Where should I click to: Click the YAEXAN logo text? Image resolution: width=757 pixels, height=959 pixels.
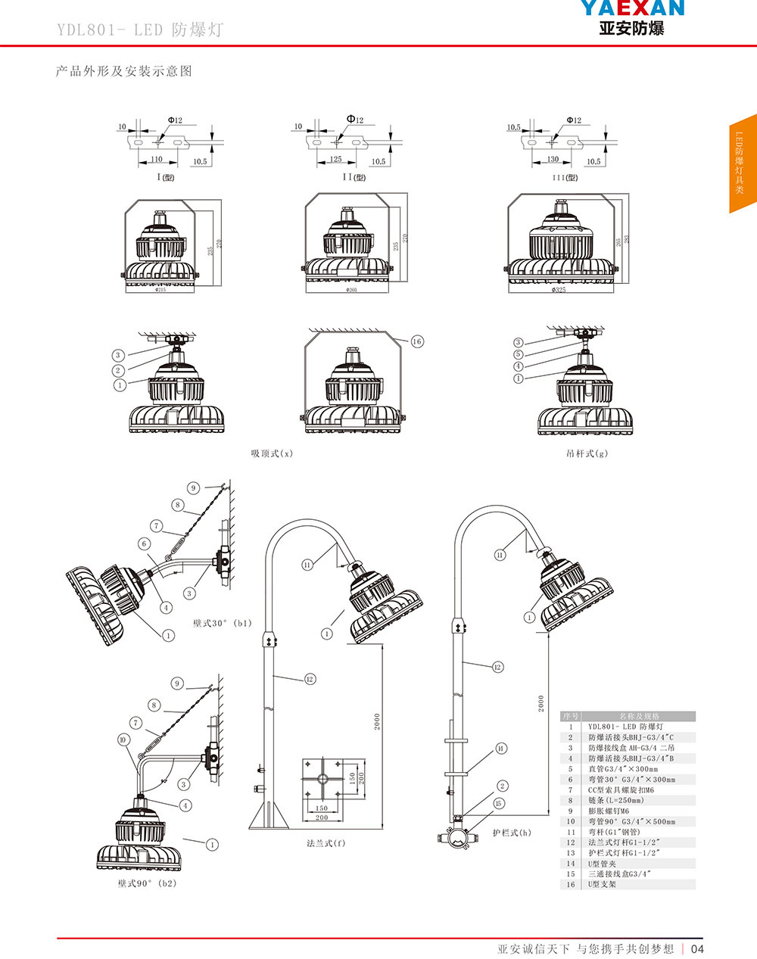point(632,9)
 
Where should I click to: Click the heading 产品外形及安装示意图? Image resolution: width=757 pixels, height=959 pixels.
point(124,71)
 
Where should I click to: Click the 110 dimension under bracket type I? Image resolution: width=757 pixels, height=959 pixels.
point(156,160)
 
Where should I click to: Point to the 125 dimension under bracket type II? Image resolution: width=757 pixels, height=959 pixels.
point(335,160)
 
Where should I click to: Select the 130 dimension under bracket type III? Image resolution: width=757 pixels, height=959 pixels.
point(553,160)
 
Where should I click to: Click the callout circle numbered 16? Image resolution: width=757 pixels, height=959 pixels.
point(417,341)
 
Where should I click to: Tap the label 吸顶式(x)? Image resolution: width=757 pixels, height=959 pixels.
point(272,453)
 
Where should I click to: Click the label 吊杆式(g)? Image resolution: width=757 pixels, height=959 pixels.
point(587,453)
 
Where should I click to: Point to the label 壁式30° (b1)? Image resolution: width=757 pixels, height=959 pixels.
point(222,624)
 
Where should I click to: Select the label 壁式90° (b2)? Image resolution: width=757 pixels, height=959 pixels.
point(147,883)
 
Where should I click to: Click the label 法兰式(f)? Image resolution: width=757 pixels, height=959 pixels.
point(326,842)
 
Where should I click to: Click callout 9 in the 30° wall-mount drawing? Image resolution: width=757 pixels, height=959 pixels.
point(193,488)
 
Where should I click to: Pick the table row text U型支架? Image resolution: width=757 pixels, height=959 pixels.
point(603,884)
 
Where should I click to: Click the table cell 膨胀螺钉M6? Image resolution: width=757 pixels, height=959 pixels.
point(609,811)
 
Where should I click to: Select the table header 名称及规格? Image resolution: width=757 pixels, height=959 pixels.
point(639,716)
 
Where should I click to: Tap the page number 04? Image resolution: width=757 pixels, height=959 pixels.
point(697,949)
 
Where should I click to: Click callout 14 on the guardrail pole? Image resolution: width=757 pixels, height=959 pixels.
point(501,749)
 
